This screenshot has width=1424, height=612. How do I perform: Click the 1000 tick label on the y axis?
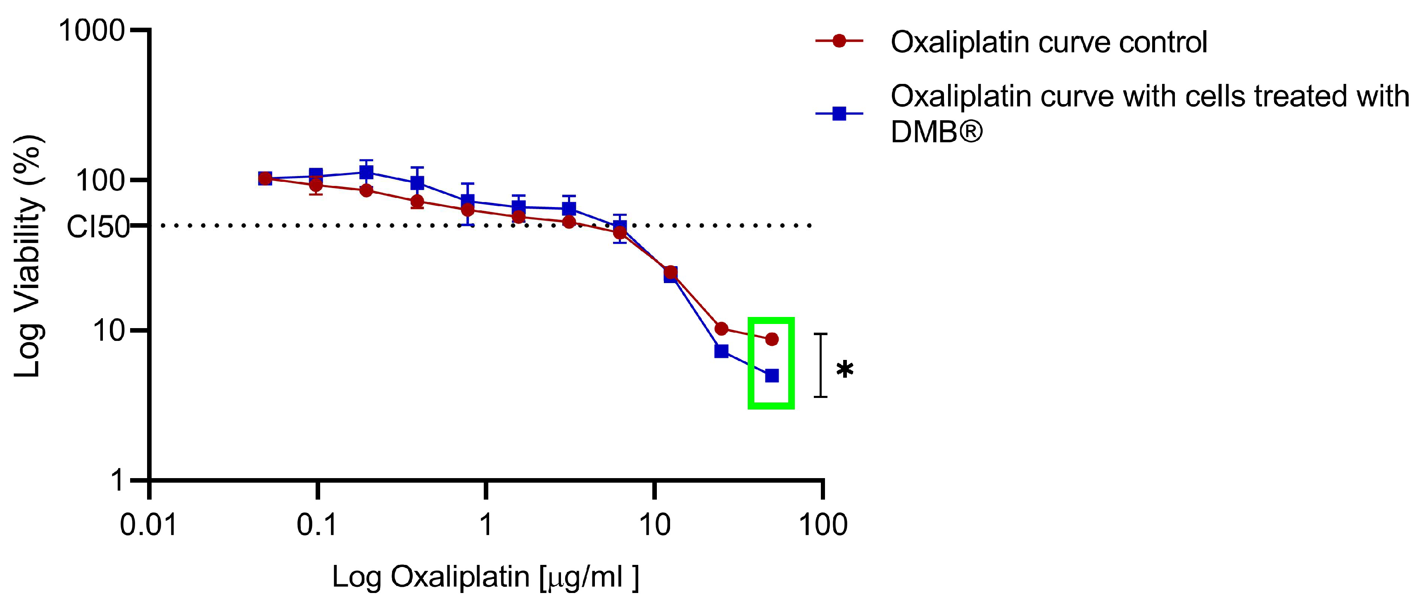pyautogui.click(x=92, y=31)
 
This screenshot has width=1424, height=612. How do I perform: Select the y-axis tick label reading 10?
pyautogui.click(x=108, y=331)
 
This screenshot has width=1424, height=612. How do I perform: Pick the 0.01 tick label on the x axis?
pyautogui.click(x=148, y=524)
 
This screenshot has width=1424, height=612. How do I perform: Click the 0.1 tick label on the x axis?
pyautogui.click(x=317, y=524)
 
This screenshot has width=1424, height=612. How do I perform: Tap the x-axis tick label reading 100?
pyautogui.click(x=823, y=524)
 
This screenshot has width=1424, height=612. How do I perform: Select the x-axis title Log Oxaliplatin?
pyautogui.click(x=485, y=576)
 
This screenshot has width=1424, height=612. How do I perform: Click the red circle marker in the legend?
pyautogui.click(x=839, y=41)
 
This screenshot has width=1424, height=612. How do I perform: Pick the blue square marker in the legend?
pyautogui.click(x=839, y=114)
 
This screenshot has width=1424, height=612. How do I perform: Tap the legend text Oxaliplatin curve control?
pyautogui.click(x=1048, y=42)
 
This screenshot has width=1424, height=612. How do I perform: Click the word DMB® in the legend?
pyautogui.click(x=937, y=131)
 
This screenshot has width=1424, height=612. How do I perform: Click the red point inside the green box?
pyautogui.click(x=772, y=339)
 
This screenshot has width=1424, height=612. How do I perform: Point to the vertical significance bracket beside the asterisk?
pyautogui.click(x=820, y=365)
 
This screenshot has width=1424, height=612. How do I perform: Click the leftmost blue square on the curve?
pyautogui.click(x=265, y=179)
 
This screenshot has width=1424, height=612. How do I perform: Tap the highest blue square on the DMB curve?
pyautogui.click(x=366, y=172)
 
